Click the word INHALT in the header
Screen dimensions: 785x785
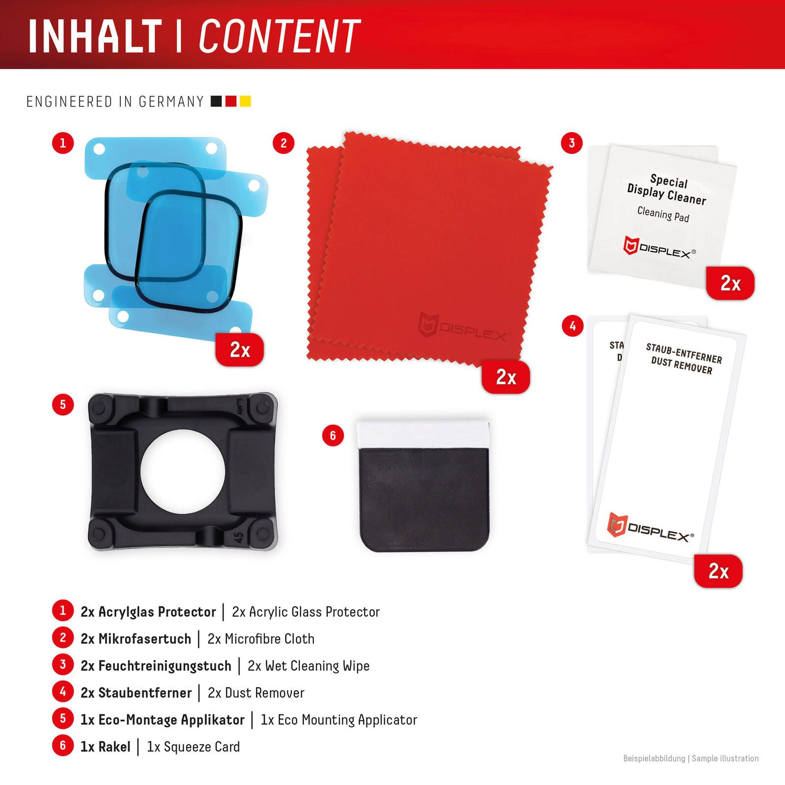[95, 36]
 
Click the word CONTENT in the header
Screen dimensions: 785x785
[280, 36]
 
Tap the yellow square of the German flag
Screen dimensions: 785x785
[245, 101]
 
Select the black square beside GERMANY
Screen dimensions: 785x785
[216, 101]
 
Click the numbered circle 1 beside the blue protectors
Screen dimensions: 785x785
[63, 143]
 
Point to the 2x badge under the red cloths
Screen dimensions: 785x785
[506, 377]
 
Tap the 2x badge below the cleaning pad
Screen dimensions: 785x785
[730, 283]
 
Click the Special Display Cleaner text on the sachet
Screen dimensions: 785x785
[667, 190]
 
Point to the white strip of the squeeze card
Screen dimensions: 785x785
[423, 434]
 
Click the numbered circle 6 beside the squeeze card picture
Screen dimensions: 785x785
[333, 436]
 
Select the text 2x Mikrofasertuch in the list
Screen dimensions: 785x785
[136, 639]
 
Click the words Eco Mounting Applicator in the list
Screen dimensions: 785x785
[347, 720]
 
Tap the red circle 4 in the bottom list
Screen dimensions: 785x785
[63, 692]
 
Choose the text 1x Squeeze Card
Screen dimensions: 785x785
[193, 747]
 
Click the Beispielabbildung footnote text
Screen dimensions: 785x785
[654, 759]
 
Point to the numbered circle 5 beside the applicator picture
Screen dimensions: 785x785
[63, 405]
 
